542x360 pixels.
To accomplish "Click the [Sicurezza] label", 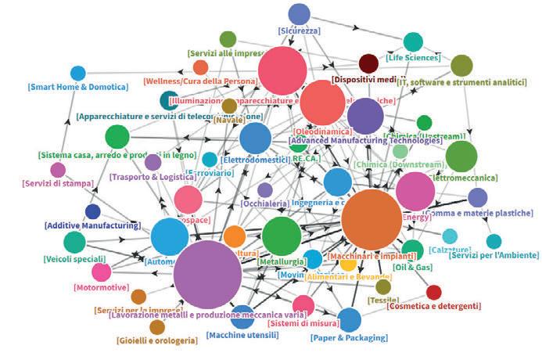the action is [x=299, y=31].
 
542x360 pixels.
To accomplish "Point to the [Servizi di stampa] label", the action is [x=58, y=183].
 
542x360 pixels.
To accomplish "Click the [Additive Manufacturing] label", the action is [x=92, y=225].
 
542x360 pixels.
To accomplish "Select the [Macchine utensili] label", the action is [x=242, y=335].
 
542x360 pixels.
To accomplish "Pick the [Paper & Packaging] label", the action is [x=350, y=337].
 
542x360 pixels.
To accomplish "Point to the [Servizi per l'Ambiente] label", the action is [x=494, y=255].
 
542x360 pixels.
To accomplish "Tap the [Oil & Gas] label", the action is [x=412, y=267].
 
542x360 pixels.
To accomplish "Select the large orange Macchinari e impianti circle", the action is [x=372, y=220].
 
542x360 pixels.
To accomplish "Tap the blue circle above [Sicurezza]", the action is [x=299, y=13].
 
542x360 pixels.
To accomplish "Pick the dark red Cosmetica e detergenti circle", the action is [x=433, y=292].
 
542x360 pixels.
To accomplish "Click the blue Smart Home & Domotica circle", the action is [x=77, y=74].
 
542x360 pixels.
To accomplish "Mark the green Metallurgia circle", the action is [x=282, y=236].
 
